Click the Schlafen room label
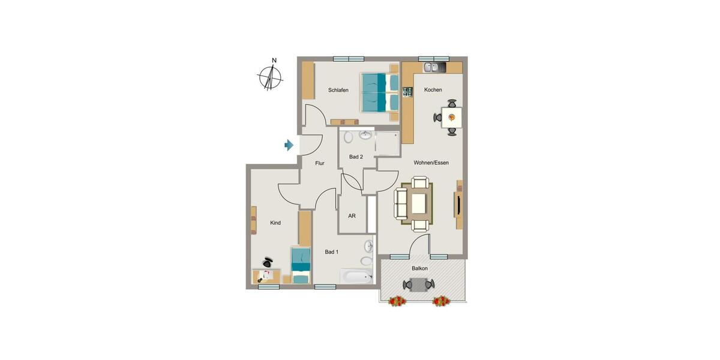point(338,91)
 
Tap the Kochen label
point(433,90)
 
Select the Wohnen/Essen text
point(431,163)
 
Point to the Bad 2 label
point(356,157)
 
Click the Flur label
point(320,163)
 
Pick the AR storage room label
point(352,217)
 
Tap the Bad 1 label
point(332,252)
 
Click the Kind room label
point(275,223)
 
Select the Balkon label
point(419,268)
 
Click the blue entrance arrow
point(289,145)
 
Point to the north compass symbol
point(272,77)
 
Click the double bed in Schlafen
point(380,92)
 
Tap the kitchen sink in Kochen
point(431,68)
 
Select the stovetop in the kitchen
point(408,92)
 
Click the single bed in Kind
point(300,265)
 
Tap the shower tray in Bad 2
point(386,144)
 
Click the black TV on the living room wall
point(458,205)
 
